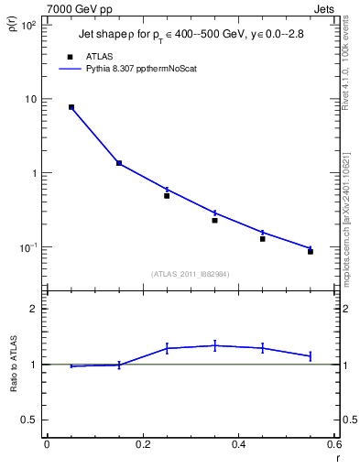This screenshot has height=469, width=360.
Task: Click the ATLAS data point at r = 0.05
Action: coord(71,107)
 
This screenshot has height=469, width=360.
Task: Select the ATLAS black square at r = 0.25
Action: coord(167,195)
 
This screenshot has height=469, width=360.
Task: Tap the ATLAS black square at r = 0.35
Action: coord(214,220)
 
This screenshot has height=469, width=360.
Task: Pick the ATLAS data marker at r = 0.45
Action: coord(263,238)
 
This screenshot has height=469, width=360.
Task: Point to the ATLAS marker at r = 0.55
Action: coord(311,251)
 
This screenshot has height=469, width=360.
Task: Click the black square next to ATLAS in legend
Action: coord(70,56)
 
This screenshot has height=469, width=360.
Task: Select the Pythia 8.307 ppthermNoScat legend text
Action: coord(147,68)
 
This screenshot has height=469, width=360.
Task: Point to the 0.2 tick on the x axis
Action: coord(142,444)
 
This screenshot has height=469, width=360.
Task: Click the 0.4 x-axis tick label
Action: coord(238,444)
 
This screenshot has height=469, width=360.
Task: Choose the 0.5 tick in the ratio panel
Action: coord(32,420)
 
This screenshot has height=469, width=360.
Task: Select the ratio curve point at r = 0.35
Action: coord(214,345)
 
